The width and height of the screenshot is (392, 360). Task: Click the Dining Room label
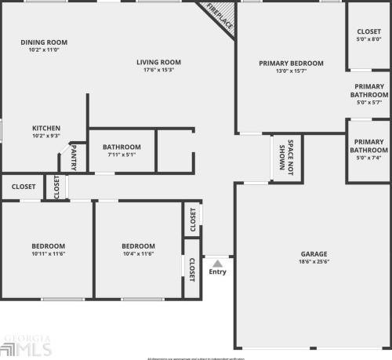pyautogui.click(x=44, y=42)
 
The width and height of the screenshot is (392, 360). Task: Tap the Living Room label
pyautogui.click(x=158, y=63)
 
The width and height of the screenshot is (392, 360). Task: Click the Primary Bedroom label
pyautogui.click(x=291, y=63)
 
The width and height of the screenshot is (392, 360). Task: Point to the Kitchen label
pyautogui.click(x=46, y=128)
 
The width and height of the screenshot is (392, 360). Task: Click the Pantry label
pyautogui.click(x=76, y=155)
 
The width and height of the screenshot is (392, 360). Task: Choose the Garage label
pyautogui.click(x=314, y=254)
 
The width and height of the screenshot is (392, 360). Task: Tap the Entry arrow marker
pyautogui.click(x=217, y=263)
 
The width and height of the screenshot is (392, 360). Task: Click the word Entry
pyautogui.click(x=217, y=272)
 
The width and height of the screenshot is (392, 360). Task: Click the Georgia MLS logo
pyautogui.click(x=25, y=345)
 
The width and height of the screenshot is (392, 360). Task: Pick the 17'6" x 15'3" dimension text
pyautogui.click(x=158, y=71)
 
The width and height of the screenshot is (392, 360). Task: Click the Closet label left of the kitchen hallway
pyautogui.click(x=24, y=187)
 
